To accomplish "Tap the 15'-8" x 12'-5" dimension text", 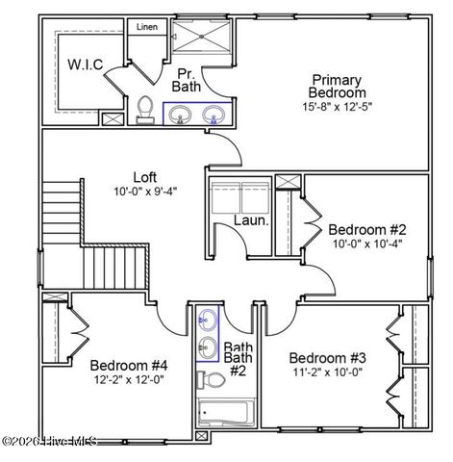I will [x=338, y=106].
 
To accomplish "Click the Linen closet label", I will [x=146, y=27].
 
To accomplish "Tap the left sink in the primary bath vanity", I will [x=180, y=115].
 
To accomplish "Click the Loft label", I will [x=144, y=176].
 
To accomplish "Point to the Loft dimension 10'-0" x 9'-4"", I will [x=144, y=192].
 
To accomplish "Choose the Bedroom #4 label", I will [x=129, y=365].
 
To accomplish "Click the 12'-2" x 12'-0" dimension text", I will [x=129, y=379].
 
